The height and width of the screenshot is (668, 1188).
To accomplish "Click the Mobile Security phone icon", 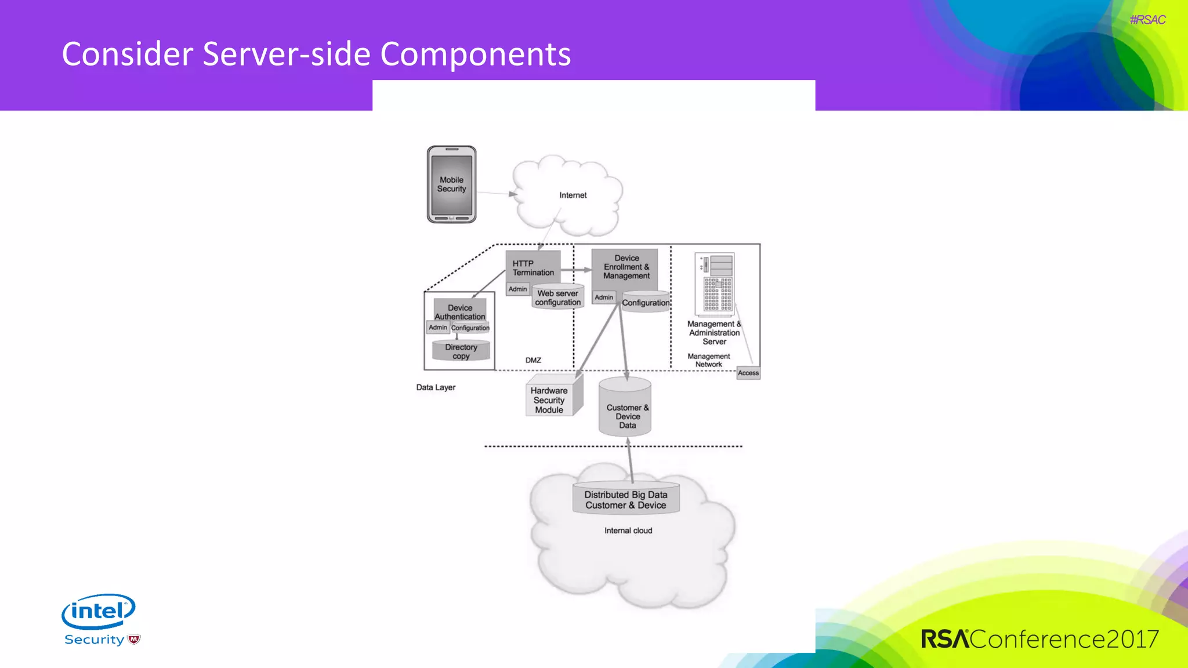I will (451, 184).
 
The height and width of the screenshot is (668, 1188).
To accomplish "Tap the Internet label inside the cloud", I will (573, 195).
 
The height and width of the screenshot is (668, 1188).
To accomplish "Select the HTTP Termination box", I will (533, 267).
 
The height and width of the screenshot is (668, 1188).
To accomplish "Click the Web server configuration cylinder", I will (557, 298).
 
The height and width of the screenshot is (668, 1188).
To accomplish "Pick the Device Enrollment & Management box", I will (625, 267).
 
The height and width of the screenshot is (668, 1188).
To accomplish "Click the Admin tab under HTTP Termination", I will (517, 289).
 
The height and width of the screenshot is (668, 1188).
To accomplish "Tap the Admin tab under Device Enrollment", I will (603, 297).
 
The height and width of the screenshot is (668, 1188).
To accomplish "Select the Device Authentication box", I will (460, 312).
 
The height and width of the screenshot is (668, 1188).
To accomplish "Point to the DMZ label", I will (533, 360).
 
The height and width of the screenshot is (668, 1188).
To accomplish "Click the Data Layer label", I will (436, 387).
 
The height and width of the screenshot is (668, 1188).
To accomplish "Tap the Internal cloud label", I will (628, 531).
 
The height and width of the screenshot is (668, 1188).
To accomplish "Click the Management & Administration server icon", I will (715, 284).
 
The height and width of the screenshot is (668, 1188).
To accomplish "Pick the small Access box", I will (748, 373).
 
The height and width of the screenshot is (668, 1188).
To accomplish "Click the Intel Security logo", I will (100, 619).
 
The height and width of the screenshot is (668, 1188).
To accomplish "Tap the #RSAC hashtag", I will (1147, 20).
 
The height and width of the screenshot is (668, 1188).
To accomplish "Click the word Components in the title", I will (475, 55).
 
